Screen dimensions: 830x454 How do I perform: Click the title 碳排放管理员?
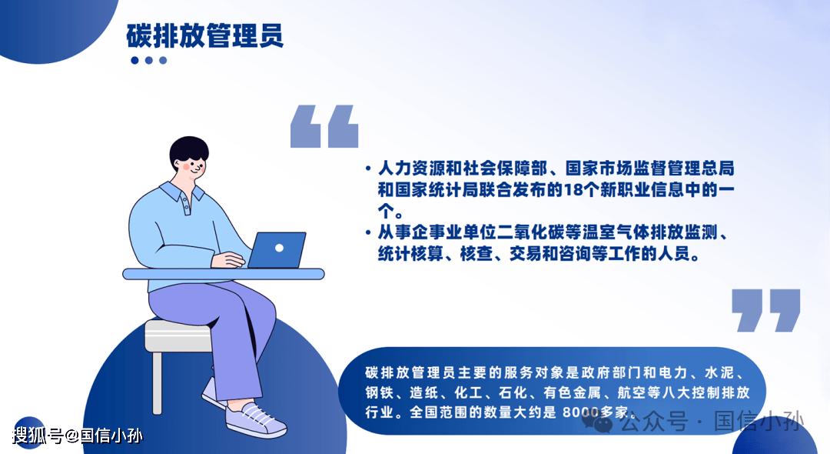point(205,35)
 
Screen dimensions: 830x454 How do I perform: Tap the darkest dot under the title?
point(134,60)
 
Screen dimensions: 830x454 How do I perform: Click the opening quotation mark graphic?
point(324,126)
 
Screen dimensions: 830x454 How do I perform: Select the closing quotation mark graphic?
point(765,310)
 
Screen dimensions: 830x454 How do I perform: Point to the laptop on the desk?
point(277,250)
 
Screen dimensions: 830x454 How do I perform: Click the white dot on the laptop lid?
point(280,248)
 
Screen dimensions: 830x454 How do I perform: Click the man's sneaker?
point(255,419)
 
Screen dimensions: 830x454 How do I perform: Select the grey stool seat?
point(178,335)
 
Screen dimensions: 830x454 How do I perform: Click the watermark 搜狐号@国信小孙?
point(78,436)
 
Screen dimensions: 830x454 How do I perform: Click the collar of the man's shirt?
point(181,192)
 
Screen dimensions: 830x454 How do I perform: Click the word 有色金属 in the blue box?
point(572,392)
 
